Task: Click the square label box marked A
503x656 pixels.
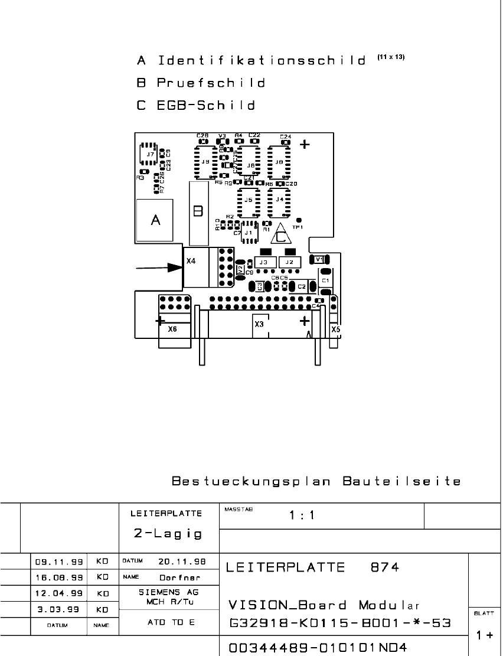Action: tap(155, 220)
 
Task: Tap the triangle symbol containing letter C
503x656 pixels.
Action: tap(280, 235)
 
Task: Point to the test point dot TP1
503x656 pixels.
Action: tap(298, 220)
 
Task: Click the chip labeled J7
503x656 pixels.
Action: tap(148, 154)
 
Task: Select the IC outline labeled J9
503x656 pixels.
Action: tap(204, 161)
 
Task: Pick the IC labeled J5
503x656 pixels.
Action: tap(249, 200)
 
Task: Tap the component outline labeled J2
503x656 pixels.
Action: tap(289, 262)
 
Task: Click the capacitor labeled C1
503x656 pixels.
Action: tap(325, 280)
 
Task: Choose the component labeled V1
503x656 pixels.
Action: tap(319, 259)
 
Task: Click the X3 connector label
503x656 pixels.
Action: tap(259, 324)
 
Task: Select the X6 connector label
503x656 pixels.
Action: tap(172, 329)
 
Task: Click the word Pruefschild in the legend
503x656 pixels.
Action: tap(211, 83)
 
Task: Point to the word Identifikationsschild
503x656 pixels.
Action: tap(262, 61)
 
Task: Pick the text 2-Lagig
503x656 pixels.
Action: tap(168, 534)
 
